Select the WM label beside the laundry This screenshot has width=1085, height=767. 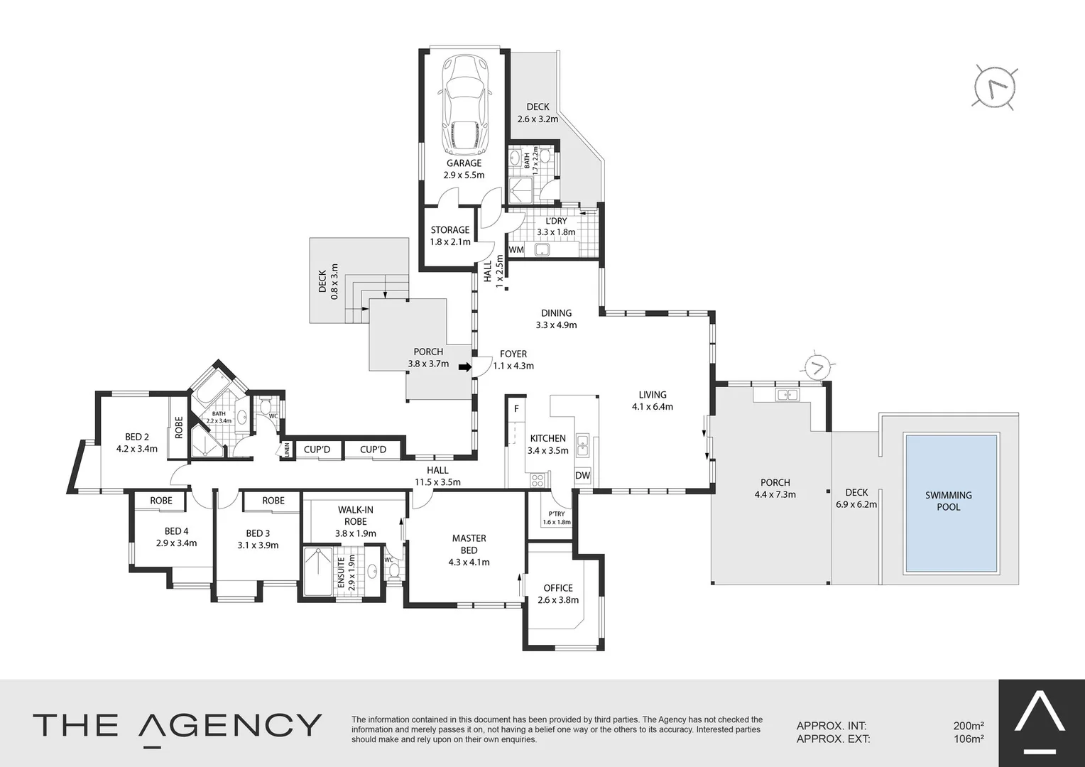point(516,250)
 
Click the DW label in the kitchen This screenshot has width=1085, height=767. point(582,476)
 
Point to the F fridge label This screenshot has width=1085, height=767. point(516,408)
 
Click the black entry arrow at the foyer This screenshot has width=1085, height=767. point(465,367)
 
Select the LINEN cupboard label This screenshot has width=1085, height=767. point(287,450)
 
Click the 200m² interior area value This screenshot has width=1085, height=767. point(968,726)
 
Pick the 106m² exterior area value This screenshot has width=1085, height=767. point(968,739)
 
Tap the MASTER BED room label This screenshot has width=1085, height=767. point(469,545)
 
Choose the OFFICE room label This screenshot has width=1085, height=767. point(558,588)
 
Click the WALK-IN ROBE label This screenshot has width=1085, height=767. point(355,516)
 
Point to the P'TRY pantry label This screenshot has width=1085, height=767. point(557,514)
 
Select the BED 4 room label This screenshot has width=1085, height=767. point(176,531)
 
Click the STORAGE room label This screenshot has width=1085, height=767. point(450,230)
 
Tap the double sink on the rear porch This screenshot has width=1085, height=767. point(786,394)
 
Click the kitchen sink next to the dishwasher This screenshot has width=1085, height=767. point(582,445)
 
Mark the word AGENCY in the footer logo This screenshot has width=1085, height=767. point(230,725)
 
